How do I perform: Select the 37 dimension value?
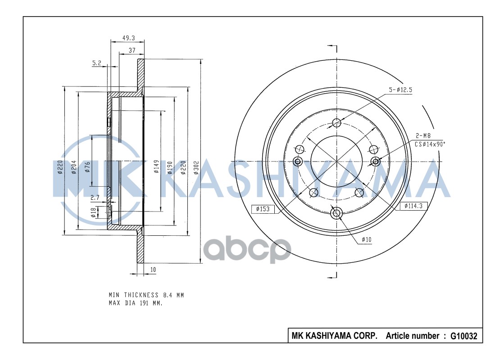click(132, 51)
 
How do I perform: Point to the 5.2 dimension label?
click(97, 63)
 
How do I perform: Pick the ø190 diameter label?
click(170, 166)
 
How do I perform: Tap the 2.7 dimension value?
click(95, 198)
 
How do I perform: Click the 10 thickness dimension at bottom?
click(153, 270)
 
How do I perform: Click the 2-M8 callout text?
click(422, 135)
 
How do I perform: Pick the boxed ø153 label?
click(263, 208)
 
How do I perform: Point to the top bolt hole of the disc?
click(336, 122)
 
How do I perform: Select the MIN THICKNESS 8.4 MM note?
click(146, 295)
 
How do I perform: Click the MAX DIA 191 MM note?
click(136, 303)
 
